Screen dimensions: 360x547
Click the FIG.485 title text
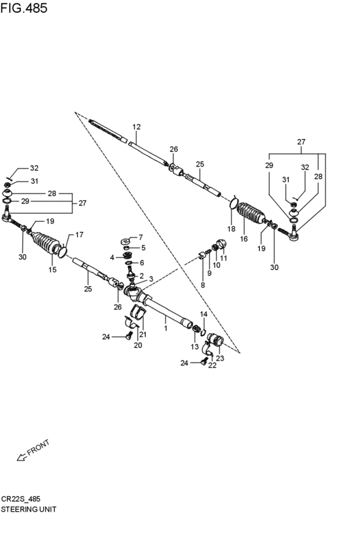pos(24,8)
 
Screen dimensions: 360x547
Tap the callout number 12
pos(136,127)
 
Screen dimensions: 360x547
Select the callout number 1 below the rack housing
pos(166,328)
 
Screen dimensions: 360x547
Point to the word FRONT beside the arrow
pos(39,448)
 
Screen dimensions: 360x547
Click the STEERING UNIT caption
pos(28,509)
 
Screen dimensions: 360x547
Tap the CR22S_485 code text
pos(21,499)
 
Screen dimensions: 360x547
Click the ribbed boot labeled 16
pos(251,213)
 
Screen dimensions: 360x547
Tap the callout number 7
pos(141,238)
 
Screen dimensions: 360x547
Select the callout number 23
pos(220,358)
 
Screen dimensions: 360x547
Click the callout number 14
pos(204,314)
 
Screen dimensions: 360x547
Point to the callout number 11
pos(224,258)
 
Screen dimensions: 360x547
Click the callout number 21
pos(143,334)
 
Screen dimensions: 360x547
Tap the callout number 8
pos(203,285)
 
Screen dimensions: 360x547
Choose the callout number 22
pos(212,365)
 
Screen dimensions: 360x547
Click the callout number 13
pos(195,346)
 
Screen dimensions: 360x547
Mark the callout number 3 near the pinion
pos(151,279)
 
